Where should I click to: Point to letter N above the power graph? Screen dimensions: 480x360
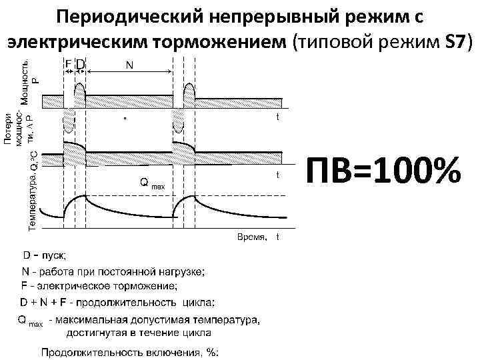coord(129,65)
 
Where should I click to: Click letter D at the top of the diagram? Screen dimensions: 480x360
coord(80,65)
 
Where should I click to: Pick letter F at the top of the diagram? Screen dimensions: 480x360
coord(68,65)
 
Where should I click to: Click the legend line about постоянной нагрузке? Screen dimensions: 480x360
coord(113,271)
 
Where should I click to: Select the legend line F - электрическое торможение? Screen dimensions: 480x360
coord(100,286)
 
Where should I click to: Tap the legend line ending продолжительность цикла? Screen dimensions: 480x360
coord(118,302)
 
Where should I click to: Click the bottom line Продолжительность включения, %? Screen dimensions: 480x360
coord(130,352)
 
